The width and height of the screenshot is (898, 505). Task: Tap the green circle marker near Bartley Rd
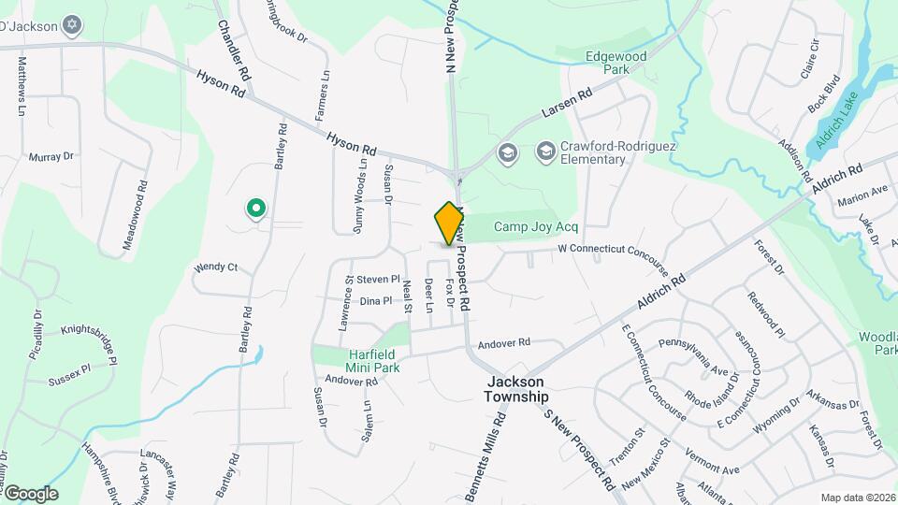coord(254,208)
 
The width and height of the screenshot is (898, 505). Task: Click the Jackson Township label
coord(516,389)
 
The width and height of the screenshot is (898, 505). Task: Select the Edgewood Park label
coord(616,63)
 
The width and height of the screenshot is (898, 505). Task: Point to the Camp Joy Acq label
coord(536,227)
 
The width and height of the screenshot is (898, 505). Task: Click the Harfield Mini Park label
coord(361,361)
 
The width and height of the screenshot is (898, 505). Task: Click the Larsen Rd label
coord(567,105)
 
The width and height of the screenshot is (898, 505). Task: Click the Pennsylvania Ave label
coord(694,356)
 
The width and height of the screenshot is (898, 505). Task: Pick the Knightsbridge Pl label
coord(90,343)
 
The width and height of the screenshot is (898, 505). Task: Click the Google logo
coord(30,494)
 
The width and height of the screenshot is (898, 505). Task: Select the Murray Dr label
coord(51,157)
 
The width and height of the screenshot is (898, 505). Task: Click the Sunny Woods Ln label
coord(360,191)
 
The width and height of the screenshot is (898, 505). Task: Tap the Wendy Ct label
coord(216,267)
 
